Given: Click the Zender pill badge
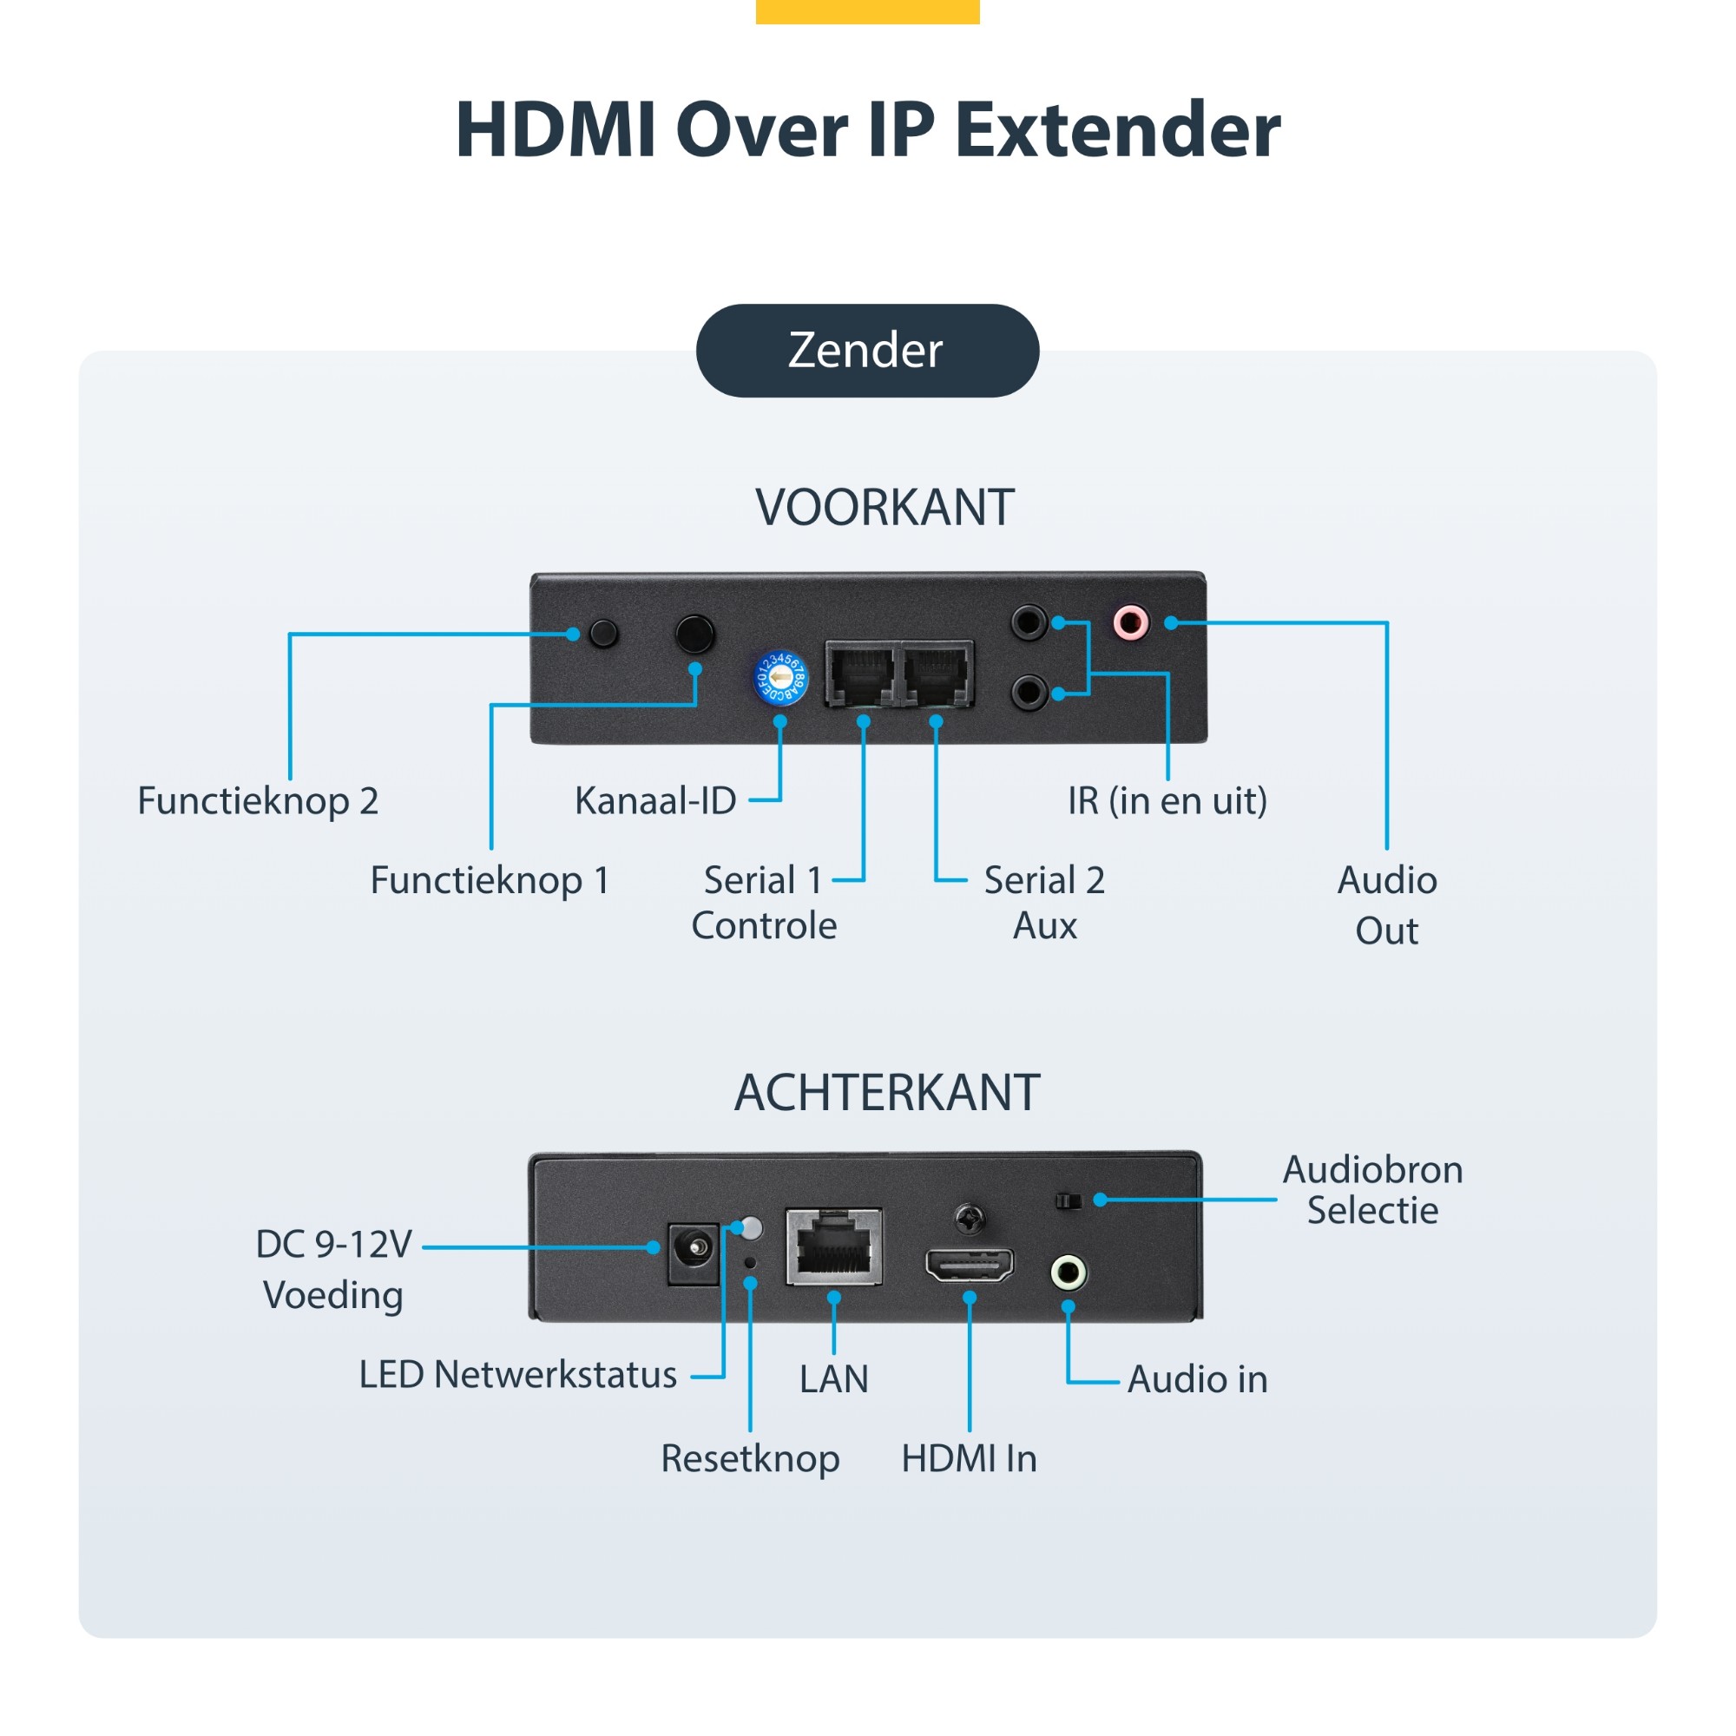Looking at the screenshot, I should [867, 351].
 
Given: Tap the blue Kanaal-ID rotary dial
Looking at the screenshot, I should [780, 679].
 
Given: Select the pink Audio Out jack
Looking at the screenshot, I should [1130, 621].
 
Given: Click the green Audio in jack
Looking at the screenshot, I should [1069, 1272].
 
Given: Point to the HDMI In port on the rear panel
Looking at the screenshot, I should [970, 1266].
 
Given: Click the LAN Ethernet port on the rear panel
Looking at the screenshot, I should [833, 1247].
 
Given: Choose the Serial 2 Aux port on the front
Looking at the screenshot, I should [937, 674].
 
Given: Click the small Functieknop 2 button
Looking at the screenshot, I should [604, 633].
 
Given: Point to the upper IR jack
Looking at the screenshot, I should [1029, 621].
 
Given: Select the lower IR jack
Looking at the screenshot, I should [1029, 692].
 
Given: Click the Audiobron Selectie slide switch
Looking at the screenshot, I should [1068, 1200].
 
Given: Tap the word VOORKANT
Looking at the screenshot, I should [884, 508].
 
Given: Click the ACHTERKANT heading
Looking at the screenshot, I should [886, 1093].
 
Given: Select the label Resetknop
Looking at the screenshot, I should [750, 1458].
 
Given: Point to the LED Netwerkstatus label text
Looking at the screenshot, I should [517, 1376].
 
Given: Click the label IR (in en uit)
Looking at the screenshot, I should [1167, 800].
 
